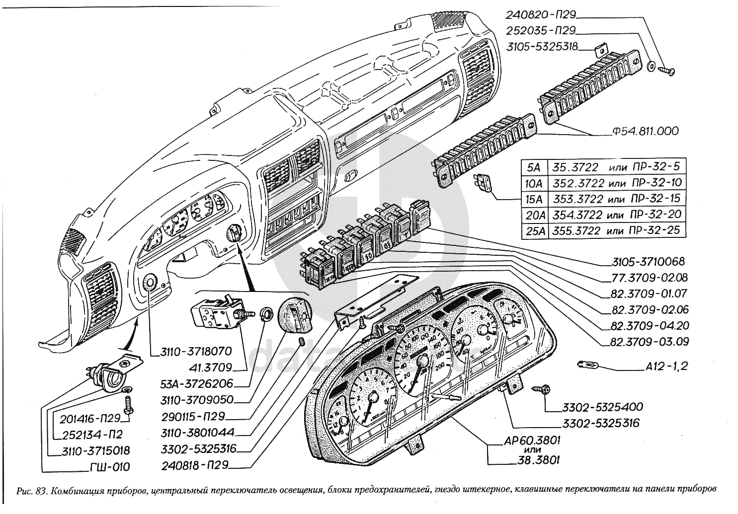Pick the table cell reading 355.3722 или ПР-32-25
616,230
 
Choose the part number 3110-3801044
198,432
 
